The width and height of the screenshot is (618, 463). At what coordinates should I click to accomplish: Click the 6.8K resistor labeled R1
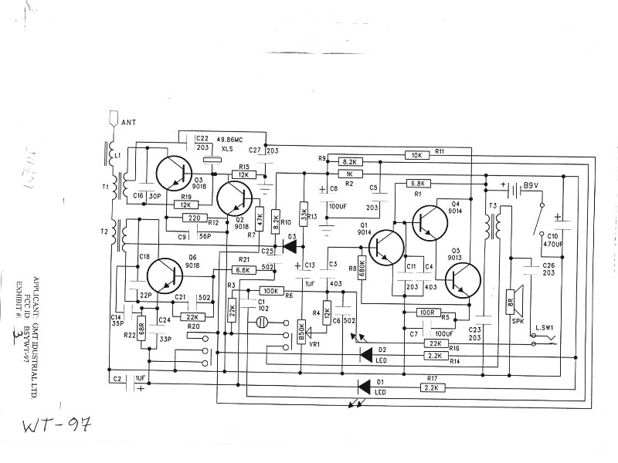pyautogui.click(x=416, y=184)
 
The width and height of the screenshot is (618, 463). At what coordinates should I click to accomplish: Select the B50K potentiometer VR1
pyautogui.click(x=301, y=333)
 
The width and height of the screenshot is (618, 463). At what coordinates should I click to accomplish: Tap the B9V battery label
pyautogui.click(x=530, y=186)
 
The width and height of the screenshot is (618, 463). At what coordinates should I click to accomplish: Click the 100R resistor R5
pyautogui.click(x=426, y=313)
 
